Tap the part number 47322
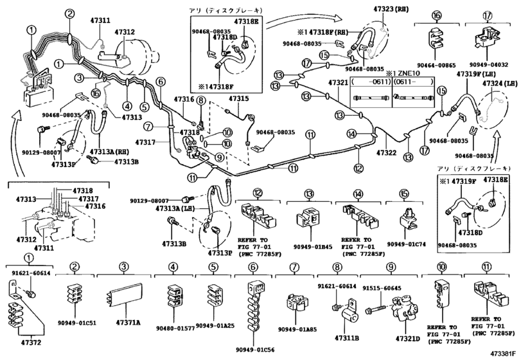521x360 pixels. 388,153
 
